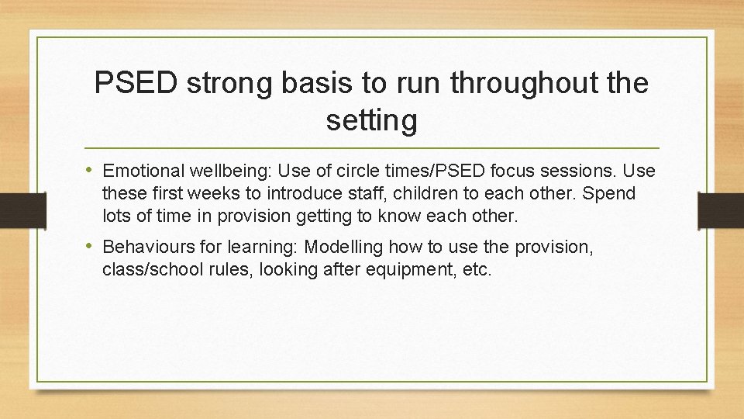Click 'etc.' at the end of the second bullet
tap(475, 270)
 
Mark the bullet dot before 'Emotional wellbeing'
tap(91, 170)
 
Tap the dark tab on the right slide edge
tap(721, 209)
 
